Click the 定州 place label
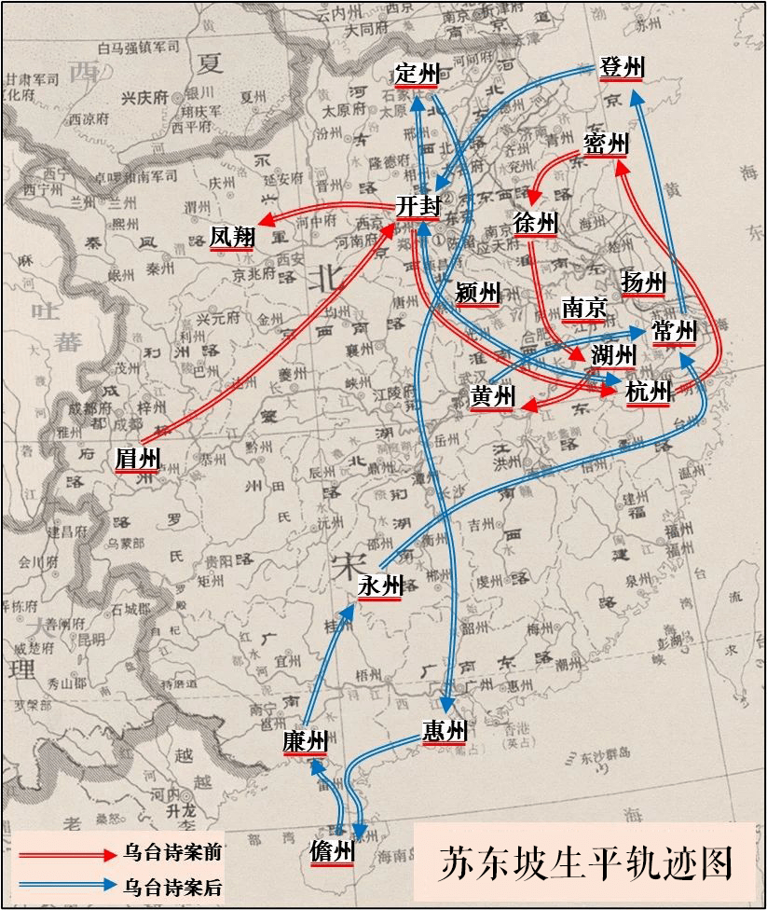click(x=416, y=73)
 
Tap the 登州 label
click(x=622, y=67)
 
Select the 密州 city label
click(x=606, y=144)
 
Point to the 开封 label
click(x=417, y=206)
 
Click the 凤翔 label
click(x=232, y=237)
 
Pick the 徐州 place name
click(x=534, y=223)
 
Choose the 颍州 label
click(x=478, y=292)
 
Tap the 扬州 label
click(x=643, y=282)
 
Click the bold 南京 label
click(x=584, y=308)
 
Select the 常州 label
click(x=675, y=330)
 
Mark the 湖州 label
click(x=613, y=354)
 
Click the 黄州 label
click(x=492, y=396)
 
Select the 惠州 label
click(x=443, y=731)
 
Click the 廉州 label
click(x=305, y=741)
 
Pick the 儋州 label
click(x=333, y=851)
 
